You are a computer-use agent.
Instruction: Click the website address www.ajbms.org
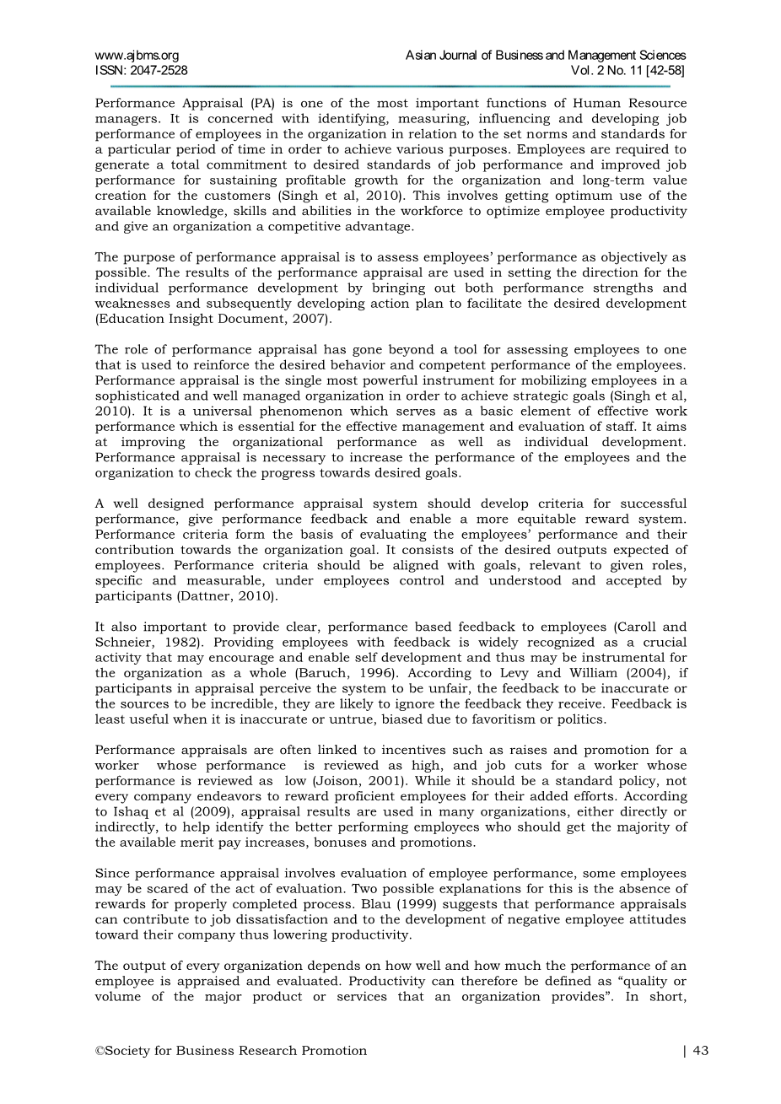click(137, 56)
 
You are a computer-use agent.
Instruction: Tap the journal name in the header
click(546, 56)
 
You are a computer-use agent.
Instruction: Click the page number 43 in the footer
click(700, 1051)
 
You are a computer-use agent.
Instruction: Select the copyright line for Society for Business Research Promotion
click(231, 1051)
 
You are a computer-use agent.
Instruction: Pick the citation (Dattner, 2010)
click(228, 596)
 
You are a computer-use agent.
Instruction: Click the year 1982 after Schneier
click(172, 643)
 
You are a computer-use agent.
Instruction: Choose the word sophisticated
click(140, 396)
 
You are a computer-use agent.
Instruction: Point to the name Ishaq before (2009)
click(131, 812)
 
